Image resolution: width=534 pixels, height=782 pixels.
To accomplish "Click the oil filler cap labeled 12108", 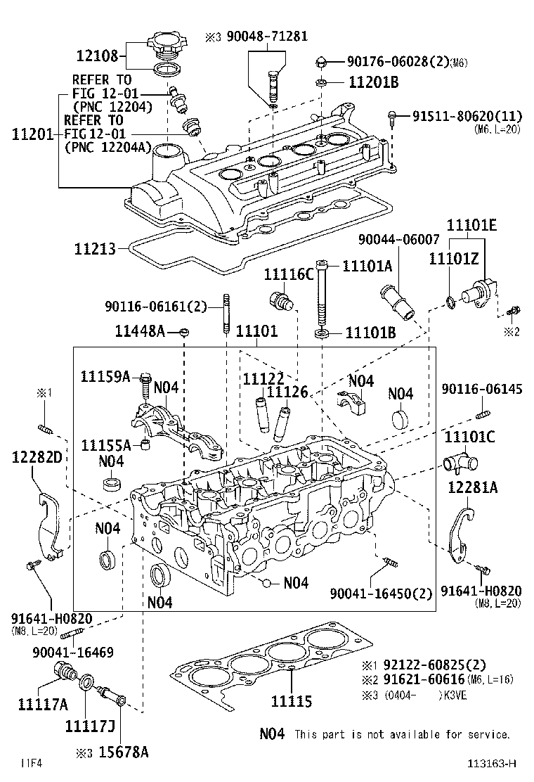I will click(x=164, y=46).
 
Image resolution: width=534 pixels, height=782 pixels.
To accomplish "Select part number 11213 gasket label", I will click(x=96, y=248).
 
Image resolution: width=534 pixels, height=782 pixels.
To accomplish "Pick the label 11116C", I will click(x=288, y=274).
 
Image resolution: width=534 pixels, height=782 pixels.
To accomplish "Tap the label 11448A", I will click(x=141, y=330).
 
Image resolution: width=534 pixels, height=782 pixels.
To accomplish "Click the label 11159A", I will click(x=105, y=376).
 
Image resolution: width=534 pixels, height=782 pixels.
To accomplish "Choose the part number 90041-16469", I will click(x=72, y=653).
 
